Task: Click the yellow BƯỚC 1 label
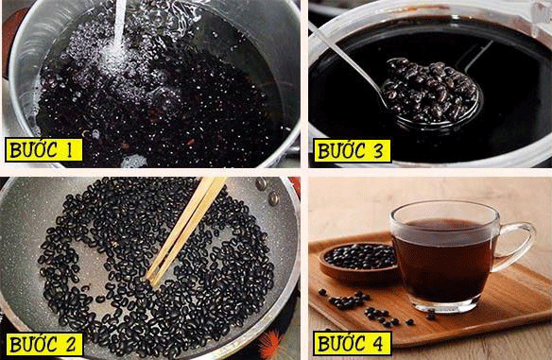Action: tap(43, 150)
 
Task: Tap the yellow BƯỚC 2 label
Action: tap(43, 344)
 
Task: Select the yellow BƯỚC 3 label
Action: tap(353, 151)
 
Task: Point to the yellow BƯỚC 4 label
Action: tap(353, 343)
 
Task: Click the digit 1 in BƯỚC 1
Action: tap(68, 150)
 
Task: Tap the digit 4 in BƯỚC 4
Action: tap(377, 343)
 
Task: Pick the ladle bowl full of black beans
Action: tap(431, 93)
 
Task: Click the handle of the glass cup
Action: tap(516, 247)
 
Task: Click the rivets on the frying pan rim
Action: tap(267, 191)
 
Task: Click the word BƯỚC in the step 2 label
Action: tap(34, 344)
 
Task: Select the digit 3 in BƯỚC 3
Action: tap(377, 151)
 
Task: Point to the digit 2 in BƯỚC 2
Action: tap(69, 345)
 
